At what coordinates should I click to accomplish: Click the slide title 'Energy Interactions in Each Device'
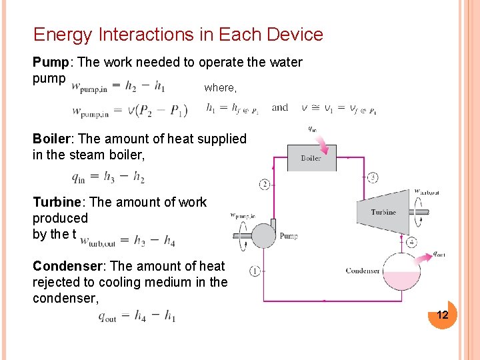coord(178,35)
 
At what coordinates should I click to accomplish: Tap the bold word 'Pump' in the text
coord(53,63)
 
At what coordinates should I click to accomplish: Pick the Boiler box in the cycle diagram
coord(311,158)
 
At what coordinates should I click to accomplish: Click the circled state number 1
coord(255,271)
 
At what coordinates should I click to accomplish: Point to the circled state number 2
coord(265,184)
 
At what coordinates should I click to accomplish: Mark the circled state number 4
coord(411,243)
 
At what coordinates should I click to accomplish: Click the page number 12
coord(442,315)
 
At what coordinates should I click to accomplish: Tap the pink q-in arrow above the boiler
coord(322,143)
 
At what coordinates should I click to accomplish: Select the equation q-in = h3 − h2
coord(108,177)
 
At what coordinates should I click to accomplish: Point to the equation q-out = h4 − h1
coord(137,316)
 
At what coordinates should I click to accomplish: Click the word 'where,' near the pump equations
coord(220,87)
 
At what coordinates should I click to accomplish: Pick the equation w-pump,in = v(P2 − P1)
coord(129,111)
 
